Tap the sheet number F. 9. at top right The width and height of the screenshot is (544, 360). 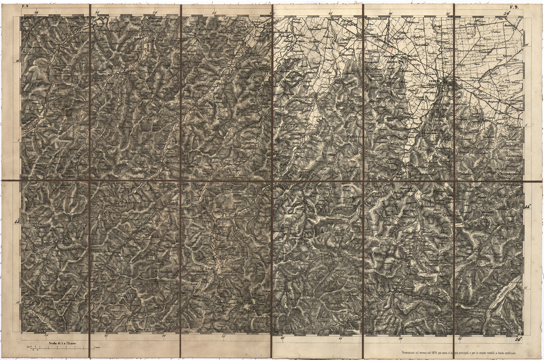pyautogui.click(x=513, y=6)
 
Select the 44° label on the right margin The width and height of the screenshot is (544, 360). pyautogui.click(x=528, y=207)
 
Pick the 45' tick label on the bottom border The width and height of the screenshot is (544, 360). pyautogui.click(x=341, y=339)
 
